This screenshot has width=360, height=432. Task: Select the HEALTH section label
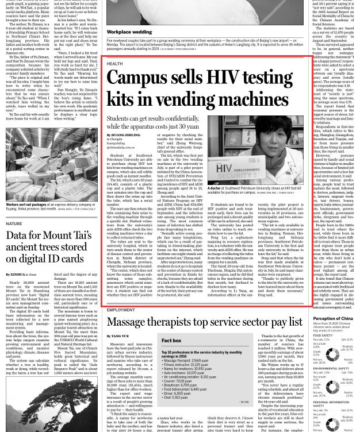pos(114,64)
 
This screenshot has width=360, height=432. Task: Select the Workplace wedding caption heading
pos(129,32)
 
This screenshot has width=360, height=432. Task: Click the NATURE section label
pos(14,223)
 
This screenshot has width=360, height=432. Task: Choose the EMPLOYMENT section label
pos(121,310)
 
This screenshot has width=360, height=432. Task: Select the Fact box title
pos(171,341)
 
